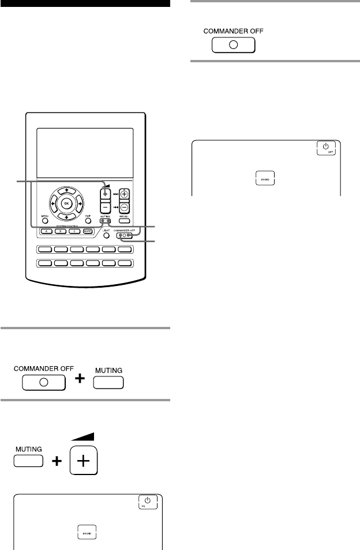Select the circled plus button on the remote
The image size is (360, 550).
coord(125,195)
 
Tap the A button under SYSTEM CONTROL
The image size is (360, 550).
coord(47,232)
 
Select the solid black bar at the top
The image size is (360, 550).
coord(85,3)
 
